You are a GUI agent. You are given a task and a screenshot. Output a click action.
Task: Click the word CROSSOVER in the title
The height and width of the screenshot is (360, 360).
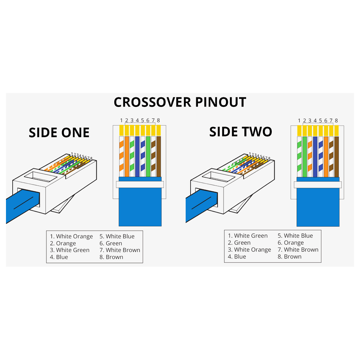click(x=153, y=102)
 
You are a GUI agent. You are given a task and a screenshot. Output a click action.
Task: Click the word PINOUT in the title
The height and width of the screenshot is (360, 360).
click(x=221, y=102)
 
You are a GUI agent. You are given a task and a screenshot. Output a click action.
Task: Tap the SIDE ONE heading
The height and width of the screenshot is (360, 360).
click(x=59, y=133)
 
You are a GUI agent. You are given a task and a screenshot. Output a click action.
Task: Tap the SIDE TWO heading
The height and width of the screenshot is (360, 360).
click(x=240, y=132)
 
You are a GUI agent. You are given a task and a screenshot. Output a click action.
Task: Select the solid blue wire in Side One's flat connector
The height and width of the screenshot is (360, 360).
click(x=137, y=156)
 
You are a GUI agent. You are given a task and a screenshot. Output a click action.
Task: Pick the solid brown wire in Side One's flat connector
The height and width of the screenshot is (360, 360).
click(x=159, y=156)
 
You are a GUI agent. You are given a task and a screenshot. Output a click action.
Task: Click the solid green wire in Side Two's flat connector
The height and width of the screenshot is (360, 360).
click(x=305, y=157)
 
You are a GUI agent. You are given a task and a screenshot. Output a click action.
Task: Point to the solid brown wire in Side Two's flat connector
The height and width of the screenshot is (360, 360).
click(x=336, y=157)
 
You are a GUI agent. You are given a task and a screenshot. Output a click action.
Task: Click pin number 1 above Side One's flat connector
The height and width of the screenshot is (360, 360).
click(x=121, y=120)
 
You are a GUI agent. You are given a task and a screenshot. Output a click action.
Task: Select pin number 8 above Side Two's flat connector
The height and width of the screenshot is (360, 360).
click(x=336, y=121)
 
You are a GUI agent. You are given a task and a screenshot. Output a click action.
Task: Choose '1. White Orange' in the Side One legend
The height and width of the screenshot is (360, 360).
click(x=71, y=237)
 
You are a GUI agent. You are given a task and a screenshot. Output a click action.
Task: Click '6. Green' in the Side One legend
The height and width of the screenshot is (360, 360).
click(x=111, y=243)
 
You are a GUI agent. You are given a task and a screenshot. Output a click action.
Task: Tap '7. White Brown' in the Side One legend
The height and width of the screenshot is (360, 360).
click(x=120, y=250)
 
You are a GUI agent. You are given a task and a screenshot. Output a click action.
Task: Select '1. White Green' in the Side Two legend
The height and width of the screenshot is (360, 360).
click(x=248, y=236)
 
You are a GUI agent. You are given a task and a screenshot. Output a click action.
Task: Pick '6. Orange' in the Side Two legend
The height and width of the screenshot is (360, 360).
click(x=291, y=243)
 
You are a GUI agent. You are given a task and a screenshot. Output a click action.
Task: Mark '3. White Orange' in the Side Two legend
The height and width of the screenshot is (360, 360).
click(x=249, y=250)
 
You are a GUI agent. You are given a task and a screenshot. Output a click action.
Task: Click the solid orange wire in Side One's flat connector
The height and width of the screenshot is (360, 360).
click(x=127, y=156)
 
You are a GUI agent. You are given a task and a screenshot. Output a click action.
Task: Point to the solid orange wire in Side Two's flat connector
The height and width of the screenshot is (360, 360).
click(x=326, y=157)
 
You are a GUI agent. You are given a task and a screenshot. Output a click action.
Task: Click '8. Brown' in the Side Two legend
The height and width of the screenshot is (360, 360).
click(x=290, y=257)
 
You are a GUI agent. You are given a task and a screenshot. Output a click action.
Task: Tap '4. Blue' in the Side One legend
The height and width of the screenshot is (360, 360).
click(x=59, y=257)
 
